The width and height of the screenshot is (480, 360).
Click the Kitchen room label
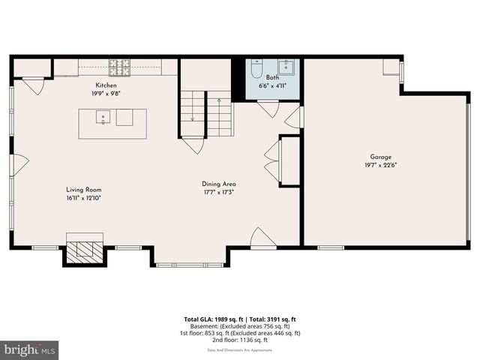click(x=106, y=85)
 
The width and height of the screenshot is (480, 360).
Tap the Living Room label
click(x=83, y=190)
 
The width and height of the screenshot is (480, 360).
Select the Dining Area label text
click(x=219, y=184)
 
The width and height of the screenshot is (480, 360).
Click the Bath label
click(x=272, y=77)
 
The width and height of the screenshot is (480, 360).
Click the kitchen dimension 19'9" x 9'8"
click(x=106, y=94)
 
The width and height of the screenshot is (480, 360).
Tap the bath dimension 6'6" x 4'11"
click(x=273, y=85)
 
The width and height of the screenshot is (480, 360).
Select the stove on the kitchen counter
click(x=119, y=67)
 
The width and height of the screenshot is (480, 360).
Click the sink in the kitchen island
click(x=103, y=117)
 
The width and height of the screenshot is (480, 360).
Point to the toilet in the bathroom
click(x=257, y=69)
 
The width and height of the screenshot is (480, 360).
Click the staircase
click(x=206, y=113)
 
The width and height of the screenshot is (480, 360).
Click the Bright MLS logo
click(x=28, y=349)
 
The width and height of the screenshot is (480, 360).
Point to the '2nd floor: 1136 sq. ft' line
click(x=240, y=340)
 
